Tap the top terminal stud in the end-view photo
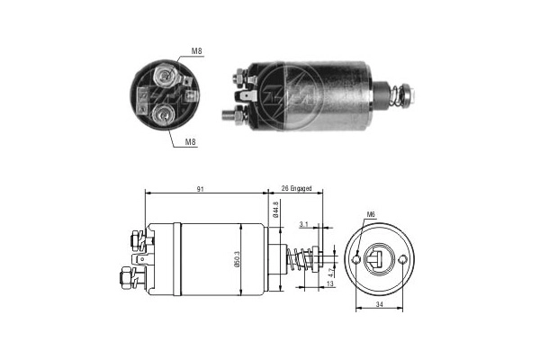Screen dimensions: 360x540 pos(165,73)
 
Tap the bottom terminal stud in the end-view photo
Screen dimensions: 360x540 pos(163,113)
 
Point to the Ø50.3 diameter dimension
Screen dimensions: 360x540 pos(238,258)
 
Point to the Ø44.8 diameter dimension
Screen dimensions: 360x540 pos(274,211)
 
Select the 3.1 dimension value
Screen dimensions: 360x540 pos(302,225)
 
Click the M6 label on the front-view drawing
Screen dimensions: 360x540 pos(371,214)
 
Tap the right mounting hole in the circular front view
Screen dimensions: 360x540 pos(403,261)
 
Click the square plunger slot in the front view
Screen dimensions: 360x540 pos(380,262)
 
